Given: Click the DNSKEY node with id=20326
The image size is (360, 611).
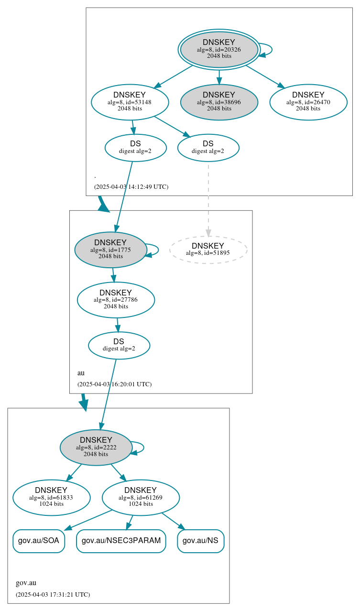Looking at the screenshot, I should (x=219, y=49).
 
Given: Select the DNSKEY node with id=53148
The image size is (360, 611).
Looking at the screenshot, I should (x=130, y=102).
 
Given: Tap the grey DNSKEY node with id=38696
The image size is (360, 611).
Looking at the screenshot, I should (x=219, y=102).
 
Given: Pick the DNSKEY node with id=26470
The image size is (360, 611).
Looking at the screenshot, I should (x=308, y=102).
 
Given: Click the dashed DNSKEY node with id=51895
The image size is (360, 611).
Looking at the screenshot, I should (x=208, y=250).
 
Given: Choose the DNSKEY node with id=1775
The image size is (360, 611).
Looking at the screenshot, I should (x=110, y=250).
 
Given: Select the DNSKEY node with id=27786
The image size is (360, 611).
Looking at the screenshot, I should (x=116, y=300).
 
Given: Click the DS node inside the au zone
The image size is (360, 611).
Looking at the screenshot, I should (x=119, y=345).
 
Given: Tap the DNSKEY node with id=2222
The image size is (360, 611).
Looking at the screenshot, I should (x=96, y=447).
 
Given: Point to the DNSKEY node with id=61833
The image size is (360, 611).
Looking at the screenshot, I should (x=52, y=498).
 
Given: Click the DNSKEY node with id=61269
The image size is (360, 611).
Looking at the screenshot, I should (x=141, y=498).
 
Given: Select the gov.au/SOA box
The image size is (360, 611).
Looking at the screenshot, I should (x=39, y=541).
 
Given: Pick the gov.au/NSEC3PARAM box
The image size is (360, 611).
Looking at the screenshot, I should (x=121, y=541).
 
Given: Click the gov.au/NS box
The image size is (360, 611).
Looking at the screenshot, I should (x=201, y=541).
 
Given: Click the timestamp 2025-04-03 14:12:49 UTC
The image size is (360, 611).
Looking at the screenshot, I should (x=131, y=187).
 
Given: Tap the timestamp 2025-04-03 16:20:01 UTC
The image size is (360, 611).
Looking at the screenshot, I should (x=114, y=384).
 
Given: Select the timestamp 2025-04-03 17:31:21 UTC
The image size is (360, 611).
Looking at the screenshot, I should (x=53, y=595).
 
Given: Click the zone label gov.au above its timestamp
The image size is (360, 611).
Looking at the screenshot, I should (x=26, y=583).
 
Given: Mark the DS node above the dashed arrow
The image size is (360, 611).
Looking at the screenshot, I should (x=208, y=148).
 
